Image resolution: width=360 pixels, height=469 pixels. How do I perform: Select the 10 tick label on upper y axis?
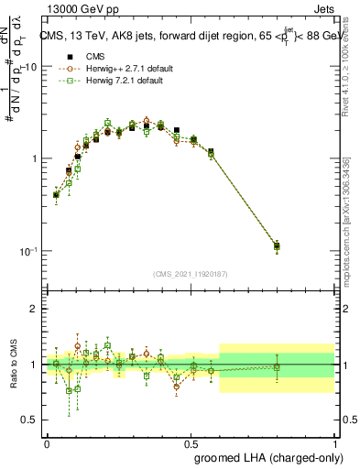tap(30, 67)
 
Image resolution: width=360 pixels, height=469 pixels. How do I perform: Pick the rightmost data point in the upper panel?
tap(278, 245)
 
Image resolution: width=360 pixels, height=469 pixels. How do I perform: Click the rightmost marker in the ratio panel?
tap(278, 367)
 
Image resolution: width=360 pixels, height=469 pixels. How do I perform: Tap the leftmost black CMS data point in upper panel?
tap(56, 194)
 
